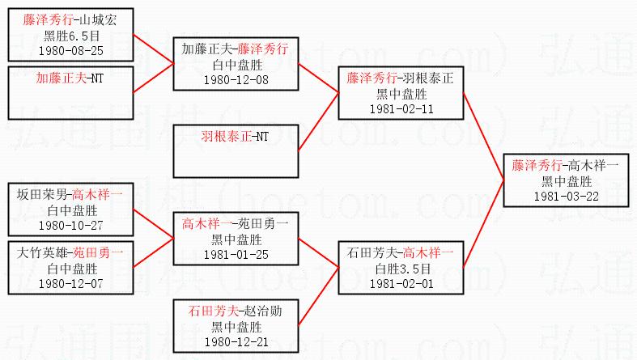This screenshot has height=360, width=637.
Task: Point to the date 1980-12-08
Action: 235,80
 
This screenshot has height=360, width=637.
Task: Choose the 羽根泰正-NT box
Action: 235,150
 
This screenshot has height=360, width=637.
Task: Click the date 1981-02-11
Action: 401,108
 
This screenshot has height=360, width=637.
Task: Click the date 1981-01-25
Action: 235,253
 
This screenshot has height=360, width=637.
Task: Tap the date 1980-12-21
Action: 235,341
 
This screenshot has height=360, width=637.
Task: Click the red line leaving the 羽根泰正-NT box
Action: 318,122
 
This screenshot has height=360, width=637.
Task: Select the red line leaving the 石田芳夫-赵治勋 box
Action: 318,300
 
